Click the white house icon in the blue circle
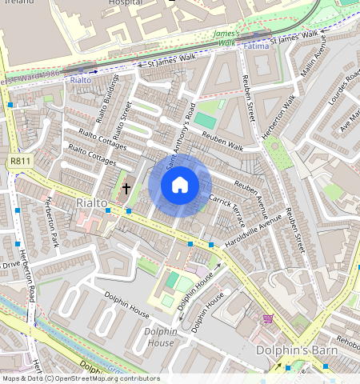pos(180,186)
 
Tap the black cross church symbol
pos(126,189)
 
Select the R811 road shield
pos(20,162)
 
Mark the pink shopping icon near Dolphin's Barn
pos(267,318)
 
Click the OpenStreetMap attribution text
pos(80,378)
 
